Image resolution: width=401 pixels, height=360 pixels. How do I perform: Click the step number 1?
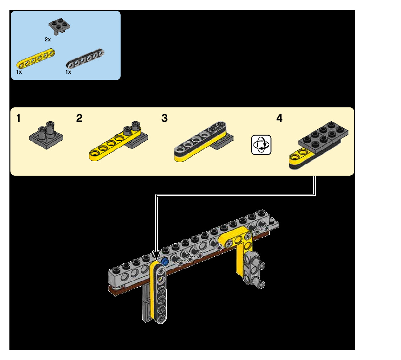click(x=18, y=118)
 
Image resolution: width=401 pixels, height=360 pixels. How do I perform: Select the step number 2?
click(x=79, y=118)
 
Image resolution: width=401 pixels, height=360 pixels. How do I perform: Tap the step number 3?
click(x=165, y=118)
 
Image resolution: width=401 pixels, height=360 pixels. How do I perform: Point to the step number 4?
click(x=279, y=118)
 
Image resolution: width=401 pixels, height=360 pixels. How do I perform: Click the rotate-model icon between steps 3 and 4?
click(x=261, y=145)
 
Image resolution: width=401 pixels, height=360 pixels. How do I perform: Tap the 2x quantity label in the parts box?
click(x=47, y=39)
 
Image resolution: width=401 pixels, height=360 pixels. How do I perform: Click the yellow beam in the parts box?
click(x=36, y=58)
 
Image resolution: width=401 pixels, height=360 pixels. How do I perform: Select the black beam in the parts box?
click(x=86, y=58)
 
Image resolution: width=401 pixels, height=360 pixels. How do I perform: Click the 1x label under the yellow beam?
click(x=19, y=72)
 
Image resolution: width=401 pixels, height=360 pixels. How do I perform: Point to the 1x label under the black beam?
click(x=68, y=72)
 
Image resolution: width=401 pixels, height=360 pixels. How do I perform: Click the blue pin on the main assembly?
click(x=165, y=261)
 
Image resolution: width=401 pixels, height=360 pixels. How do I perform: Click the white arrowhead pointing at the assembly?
click(x=156, y=255)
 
